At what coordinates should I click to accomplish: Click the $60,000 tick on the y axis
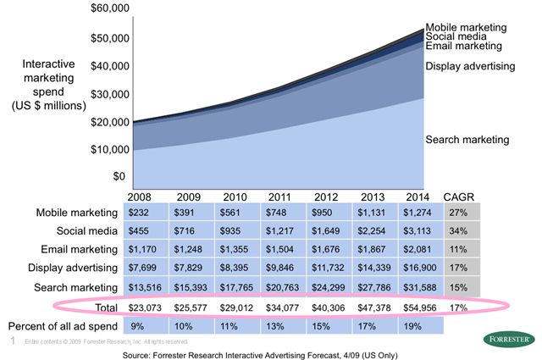(x=109, y=9)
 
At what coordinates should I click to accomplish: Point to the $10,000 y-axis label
(x=109, y=149)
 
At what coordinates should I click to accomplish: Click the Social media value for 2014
(x=420, y=230)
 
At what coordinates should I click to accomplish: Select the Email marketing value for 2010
(x=237, y=248)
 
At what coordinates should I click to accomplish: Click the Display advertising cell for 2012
(x=331, y=267)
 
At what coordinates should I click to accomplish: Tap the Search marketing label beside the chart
(x=467, y=139)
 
